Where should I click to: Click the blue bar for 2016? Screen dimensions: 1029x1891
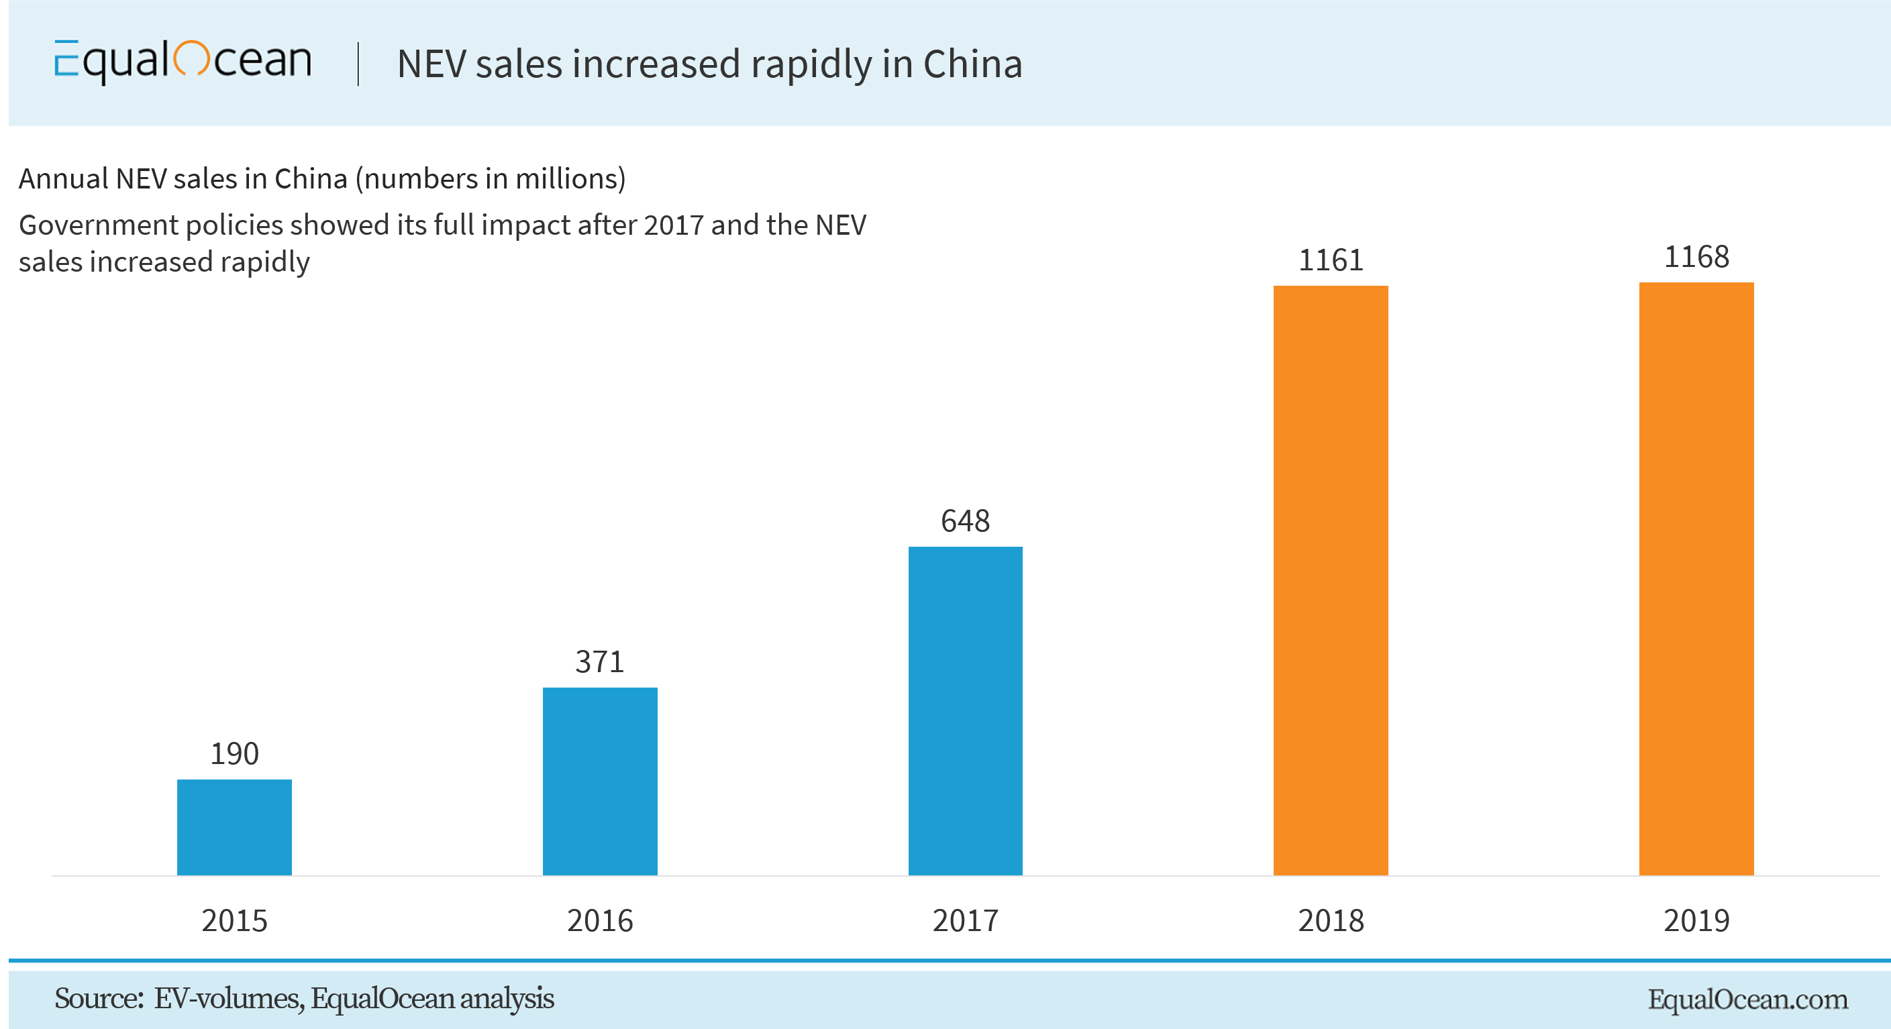tap(600, 781)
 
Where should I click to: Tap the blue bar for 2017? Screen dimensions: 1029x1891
tap(966, 710)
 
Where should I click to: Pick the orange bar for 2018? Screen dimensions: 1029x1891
tap(1330, 580)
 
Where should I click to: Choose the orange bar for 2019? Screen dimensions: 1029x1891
tap(1696, 578)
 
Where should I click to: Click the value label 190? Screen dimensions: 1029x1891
tap(234, 754)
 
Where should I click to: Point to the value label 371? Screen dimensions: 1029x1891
tap(600, 662)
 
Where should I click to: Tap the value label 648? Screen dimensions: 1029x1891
tap(966, 521)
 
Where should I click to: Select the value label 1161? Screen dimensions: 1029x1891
tap(1330, 260)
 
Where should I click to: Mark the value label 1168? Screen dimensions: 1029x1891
tap(1696, 258)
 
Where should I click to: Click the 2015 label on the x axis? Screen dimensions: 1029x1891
tap(234, 920)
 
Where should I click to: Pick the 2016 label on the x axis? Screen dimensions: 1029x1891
tap(600, 920)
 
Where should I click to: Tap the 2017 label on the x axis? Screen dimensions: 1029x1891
tap(966, 920)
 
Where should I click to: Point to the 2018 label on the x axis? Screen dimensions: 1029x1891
tap(1330, 920)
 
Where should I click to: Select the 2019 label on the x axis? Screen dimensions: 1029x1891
tap(1696, 920)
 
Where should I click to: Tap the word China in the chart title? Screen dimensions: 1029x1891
tap(972, 64)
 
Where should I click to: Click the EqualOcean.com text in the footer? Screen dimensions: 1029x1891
tap(1747, 999)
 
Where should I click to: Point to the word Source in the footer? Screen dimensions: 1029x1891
tap(97, 999)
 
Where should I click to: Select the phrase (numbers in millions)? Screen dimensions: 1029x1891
tap(491, 179)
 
